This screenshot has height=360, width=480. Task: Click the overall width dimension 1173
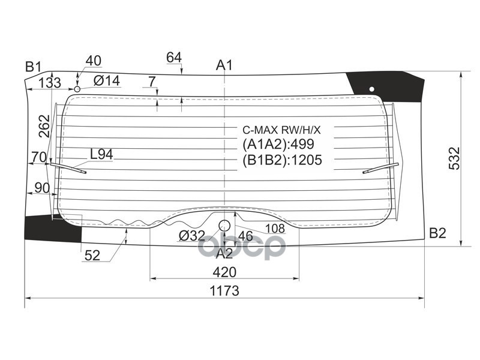224,291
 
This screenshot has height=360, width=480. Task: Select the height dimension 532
454,158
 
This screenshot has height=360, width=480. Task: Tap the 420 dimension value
224,272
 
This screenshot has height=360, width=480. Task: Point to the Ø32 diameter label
193,236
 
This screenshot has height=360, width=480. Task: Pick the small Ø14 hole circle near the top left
77,89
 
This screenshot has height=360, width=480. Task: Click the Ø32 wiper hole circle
224,226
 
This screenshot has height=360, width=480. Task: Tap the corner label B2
437,233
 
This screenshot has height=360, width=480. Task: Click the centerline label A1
224,65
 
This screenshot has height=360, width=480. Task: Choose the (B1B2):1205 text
282,160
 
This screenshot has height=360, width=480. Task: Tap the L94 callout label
101,154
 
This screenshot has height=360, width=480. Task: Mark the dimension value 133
50,83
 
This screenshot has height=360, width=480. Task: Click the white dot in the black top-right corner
371,89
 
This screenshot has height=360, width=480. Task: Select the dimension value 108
274,228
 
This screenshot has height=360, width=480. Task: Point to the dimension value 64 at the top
174,58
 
